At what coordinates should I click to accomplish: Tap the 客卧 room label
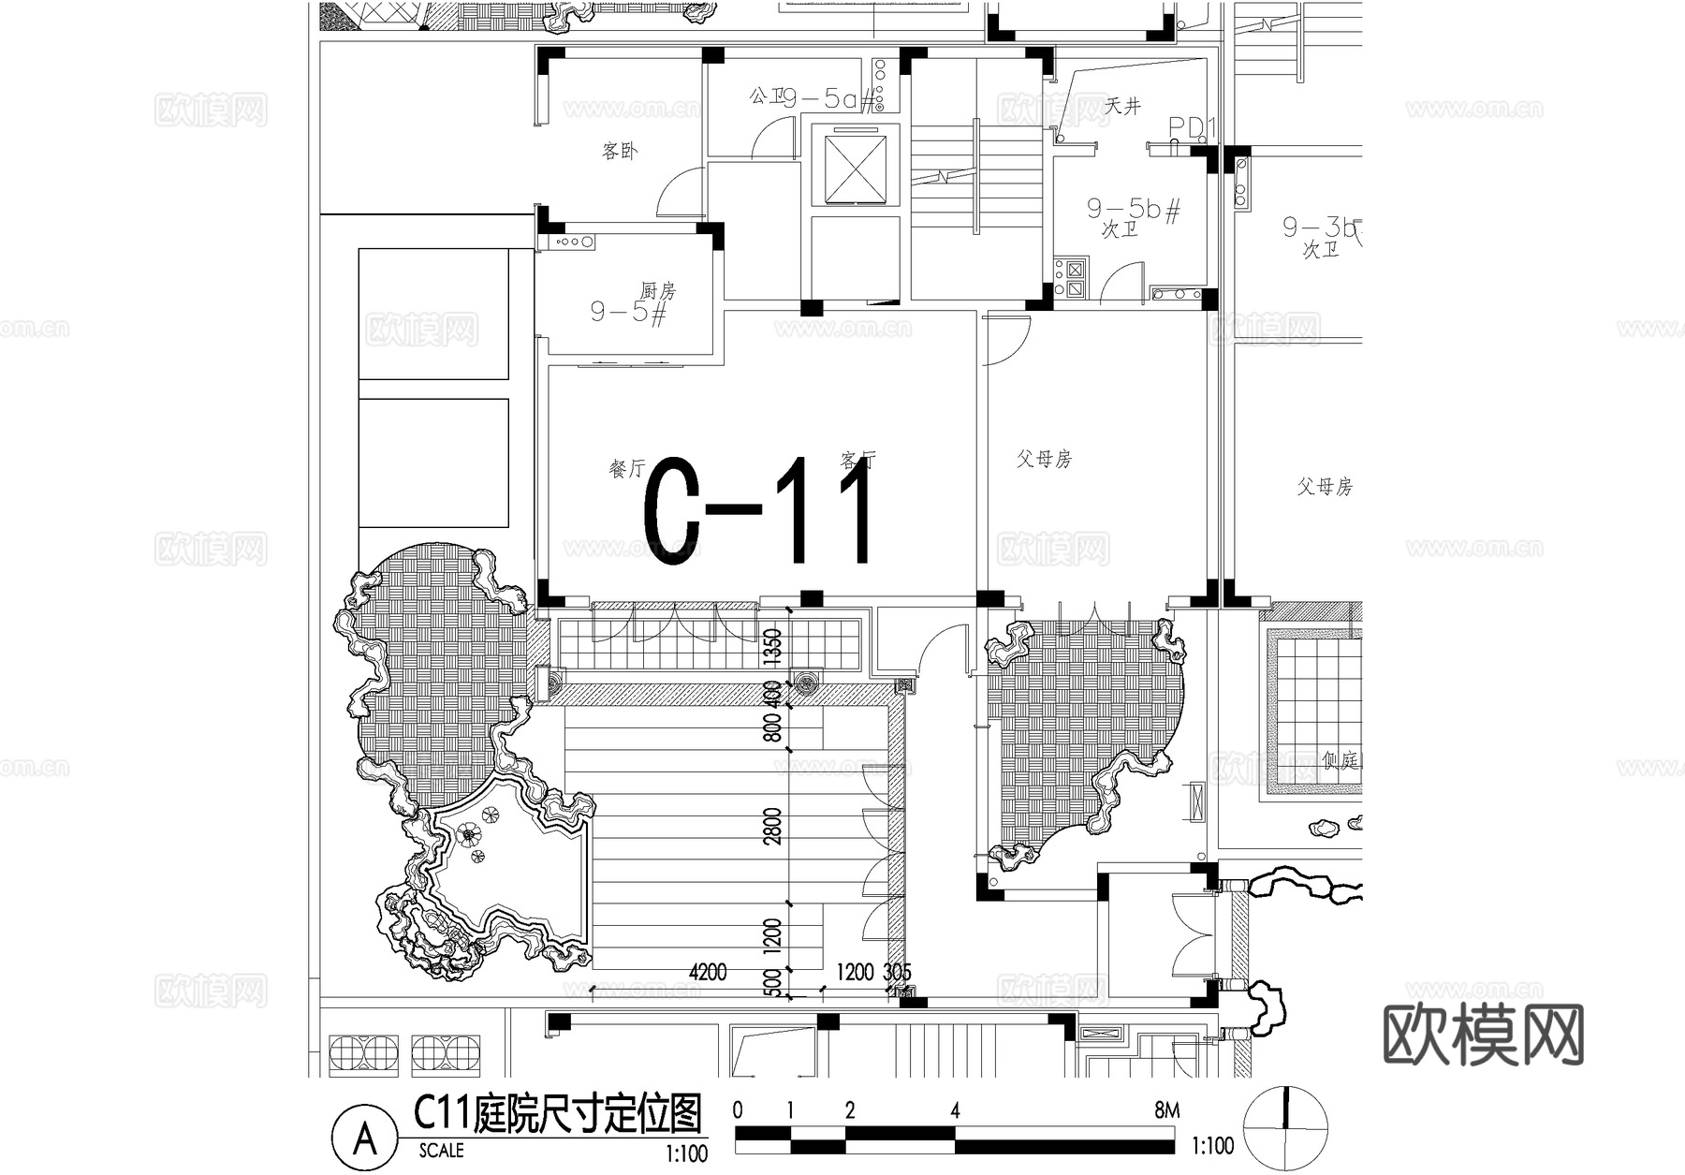[x=620, y=151]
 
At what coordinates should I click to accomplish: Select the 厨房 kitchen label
[x=658, y=290]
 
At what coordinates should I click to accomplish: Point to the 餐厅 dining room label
[x=627, y=468]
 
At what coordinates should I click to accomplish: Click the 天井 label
[x=1122, y=106]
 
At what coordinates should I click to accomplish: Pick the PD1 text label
[x=1191, y=127]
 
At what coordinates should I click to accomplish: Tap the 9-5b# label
[x=1133, y=208]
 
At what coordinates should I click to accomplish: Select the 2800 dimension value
[x=773, y=826]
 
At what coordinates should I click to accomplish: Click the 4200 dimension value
[x=708, y=973]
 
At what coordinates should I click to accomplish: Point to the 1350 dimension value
[x=772, y=646]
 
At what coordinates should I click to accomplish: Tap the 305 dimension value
[x=897, y=973]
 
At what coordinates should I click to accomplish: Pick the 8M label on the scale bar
[x=1166, y=1111]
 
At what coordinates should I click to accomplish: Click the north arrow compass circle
[x=1284, y=1128]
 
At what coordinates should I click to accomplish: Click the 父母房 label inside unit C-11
[x=1044, y=459]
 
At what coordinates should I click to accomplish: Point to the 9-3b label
[x=1321, y=227]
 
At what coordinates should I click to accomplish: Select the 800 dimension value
[x=772, y=727]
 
